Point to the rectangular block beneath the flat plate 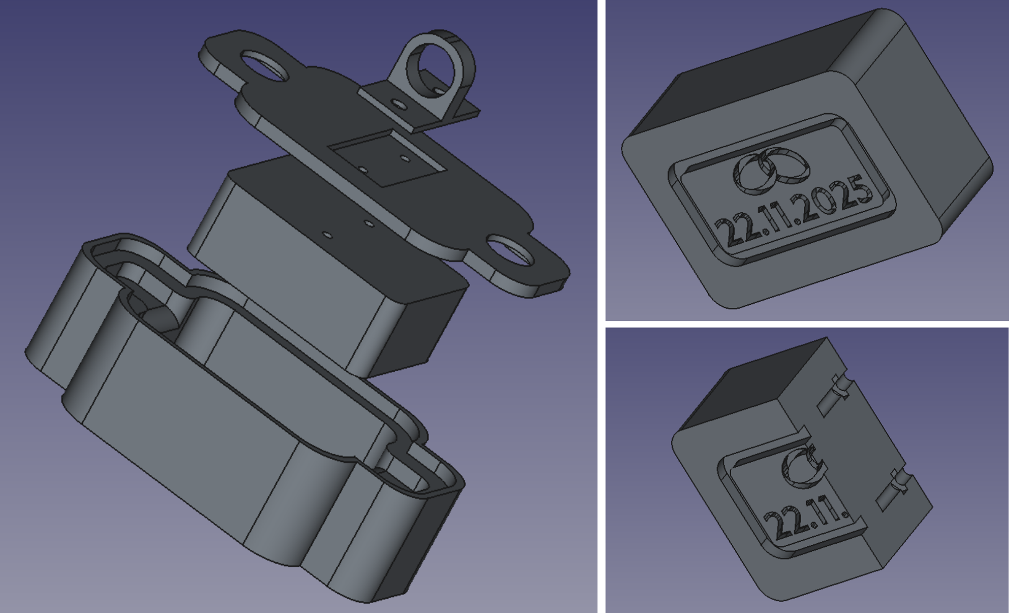pyautogui.click(x=327, y=265)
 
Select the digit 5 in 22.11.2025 pyautogui.click(x=858, y=194)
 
